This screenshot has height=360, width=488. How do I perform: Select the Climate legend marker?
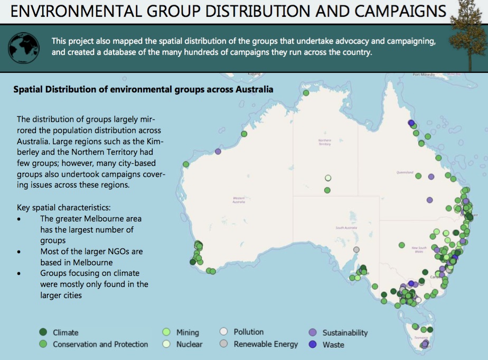point(43,332)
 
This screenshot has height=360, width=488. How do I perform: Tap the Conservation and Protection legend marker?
point(43,344)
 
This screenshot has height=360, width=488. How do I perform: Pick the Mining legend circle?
point(166,332)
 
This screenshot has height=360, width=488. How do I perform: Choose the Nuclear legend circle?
point(166,344)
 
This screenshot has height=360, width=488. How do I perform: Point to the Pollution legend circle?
point(224,332)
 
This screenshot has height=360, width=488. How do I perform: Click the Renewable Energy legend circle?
point(224,344)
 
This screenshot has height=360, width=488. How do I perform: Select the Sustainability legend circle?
point(313,333)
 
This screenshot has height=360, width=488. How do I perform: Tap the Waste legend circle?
point(313,345)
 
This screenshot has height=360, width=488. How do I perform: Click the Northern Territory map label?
point(324,142)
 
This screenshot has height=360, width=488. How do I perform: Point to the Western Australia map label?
point(239,200)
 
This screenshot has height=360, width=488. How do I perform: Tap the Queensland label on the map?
point(405,172)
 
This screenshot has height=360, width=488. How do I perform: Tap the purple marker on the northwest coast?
point(218,152)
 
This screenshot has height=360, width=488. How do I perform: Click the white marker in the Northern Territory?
point(328,178)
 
